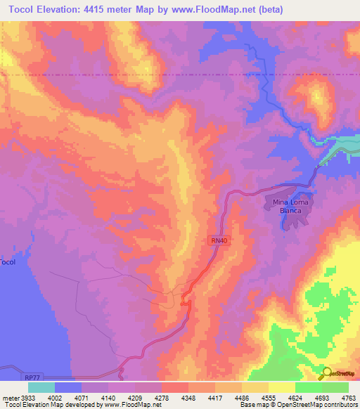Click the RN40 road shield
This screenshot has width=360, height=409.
click(219, 240)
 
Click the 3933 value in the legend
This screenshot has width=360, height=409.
click(27, 397)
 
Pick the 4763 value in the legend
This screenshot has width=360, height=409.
click(349, 397)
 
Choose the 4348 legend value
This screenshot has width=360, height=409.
click(188, 397)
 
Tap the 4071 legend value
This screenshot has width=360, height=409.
click(81, 397)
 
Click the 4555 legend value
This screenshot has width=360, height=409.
click(268, 397)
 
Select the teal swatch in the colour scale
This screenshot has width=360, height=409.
click(41, 387)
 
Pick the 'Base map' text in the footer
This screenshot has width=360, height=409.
click(252, 405)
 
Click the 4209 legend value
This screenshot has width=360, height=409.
click(134, 397)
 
